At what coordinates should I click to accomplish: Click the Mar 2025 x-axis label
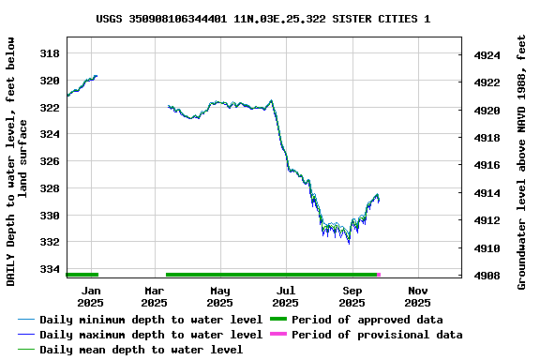155,296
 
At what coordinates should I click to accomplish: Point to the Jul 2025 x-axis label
286,296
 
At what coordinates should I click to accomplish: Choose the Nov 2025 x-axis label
417,296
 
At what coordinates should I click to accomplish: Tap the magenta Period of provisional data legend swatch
278,335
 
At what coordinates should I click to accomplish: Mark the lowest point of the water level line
349,243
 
